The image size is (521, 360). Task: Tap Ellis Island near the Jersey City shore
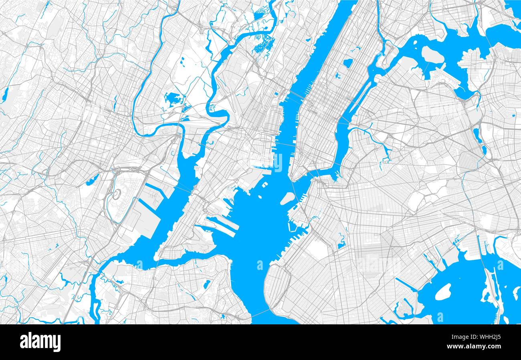coord(265,185)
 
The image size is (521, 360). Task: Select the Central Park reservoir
coord(347,63)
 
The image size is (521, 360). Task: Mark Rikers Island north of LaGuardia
coord(432,54)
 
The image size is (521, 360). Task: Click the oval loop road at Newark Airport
coord(116,195)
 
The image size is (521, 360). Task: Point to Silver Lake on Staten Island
coord(207,284)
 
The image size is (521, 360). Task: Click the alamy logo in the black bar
coord(40,342)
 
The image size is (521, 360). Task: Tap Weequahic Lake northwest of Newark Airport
coord(92,180)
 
